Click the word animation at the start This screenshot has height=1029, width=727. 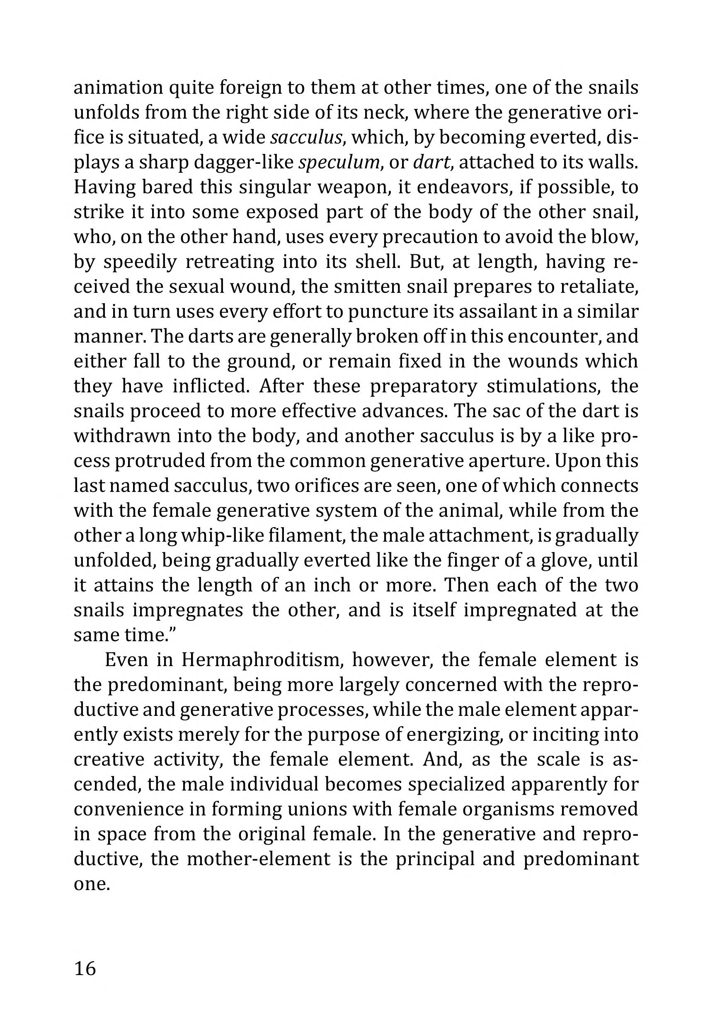[118, 88]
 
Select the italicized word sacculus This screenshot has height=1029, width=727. [306, 137]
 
